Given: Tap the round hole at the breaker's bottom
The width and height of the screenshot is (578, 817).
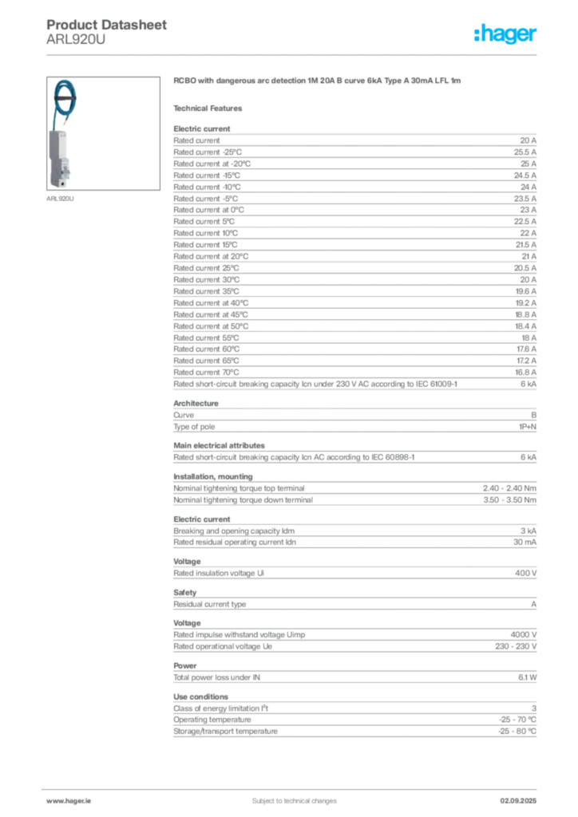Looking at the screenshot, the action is click(61, 183).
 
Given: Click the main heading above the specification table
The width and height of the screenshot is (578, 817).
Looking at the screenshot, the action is click(318, 82).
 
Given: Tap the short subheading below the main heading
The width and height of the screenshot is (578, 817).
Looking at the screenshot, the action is click(211, 107).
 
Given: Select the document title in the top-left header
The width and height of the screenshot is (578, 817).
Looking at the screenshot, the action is click(108, 26).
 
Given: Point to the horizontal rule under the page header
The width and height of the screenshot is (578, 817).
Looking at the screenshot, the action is click(294, 54).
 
